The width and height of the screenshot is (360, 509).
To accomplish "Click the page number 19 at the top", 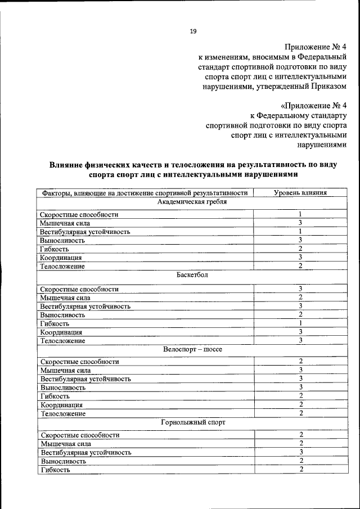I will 193,31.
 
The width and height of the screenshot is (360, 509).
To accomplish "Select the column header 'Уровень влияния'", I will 300,193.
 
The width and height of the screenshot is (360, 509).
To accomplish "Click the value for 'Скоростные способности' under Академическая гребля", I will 301,214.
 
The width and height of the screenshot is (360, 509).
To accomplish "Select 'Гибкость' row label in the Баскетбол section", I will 55,323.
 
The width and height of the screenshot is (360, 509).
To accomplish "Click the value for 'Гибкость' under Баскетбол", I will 301,323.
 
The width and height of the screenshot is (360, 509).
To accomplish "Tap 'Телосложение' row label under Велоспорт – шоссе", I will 63,413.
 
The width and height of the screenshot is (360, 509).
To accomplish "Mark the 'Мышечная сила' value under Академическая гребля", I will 301,223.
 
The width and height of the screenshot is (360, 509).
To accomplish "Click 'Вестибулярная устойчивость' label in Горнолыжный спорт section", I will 85,452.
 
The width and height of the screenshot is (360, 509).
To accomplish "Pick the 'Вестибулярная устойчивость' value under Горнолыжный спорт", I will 301,452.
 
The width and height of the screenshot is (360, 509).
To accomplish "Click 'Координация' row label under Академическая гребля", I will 61,258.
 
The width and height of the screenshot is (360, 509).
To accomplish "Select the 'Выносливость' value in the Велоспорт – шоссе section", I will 301,388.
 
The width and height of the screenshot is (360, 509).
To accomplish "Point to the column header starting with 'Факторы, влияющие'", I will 145,193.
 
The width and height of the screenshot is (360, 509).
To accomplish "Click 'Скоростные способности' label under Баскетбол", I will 79,289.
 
